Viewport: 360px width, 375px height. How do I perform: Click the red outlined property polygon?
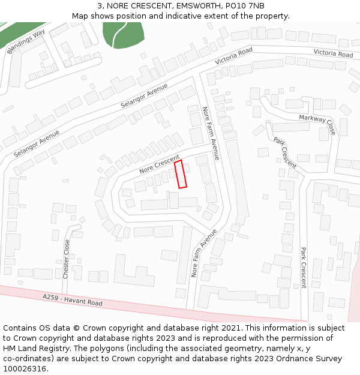pos(181,174)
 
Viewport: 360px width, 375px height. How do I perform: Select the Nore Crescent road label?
pos(159,164)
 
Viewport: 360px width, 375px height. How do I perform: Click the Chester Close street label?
pos(66,259)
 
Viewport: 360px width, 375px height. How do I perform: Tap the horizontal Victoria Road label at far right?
pos(333,53)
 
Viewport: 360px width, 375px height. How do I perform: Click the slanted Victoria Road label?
pos(234,58)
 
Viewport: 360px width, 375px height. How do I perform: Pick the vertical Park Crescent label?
pos(304,268)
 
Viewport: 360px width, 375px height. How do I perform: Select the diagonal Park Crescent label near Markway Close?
pos(285,152)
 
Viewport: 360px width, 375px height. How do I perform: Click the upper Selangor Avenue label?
pos(144,96)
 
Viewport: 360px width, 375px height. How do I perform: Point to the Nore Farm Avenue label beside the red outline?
pos(211,133)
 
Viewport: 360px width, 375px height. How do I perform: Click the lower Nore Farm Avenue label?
pos(203,252)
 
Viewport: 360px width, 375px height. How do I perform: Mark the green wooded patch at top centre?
pos(123,34)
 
